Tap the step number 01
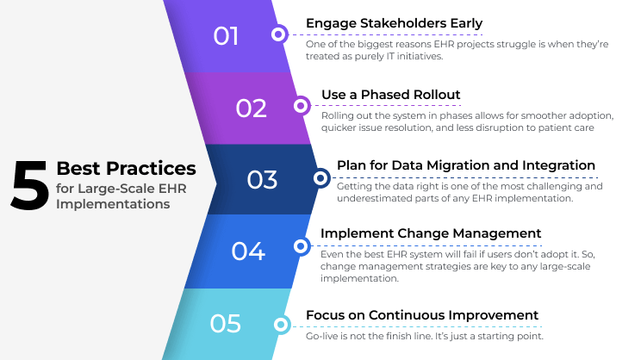(x=226, y=36)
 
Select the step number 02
(x=251, y=108)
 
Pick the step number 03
(x=262, y=180)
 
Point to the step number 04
(x=247, y=251)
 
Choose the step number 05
(x=225, y=323)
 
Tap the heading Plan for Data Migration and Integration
(x=465, y=165)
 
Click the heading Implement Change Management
(x=431, y=233)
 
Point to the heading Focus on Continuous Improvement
(x=422, y=315)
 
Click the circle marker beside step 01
(x=278, y=35)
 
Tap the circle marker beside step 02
(x=301, y=107)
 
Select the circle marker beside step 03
(x=320, y=178)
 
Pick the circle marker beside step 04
(x=301, y=246)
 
